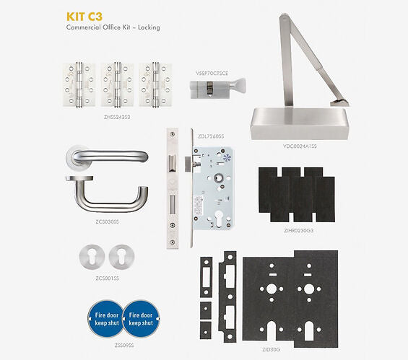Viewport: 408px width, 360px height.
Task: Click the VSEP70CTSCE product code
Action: [x=213, y=73]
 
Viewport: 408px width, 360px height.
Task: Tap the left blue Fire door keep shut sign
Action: [x=107, y=319]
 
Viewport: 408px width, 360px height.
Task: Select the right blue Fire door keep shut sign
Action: [x=139, y=319]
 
